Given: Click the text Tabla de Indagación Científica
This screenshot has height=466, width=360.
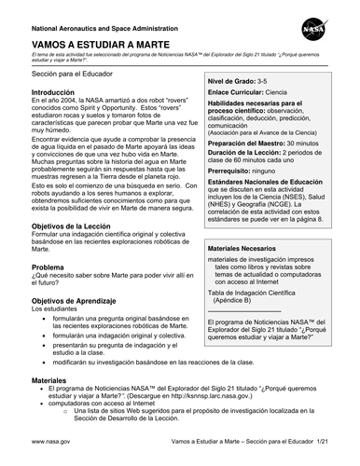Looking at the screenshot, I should pos(256,293).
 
